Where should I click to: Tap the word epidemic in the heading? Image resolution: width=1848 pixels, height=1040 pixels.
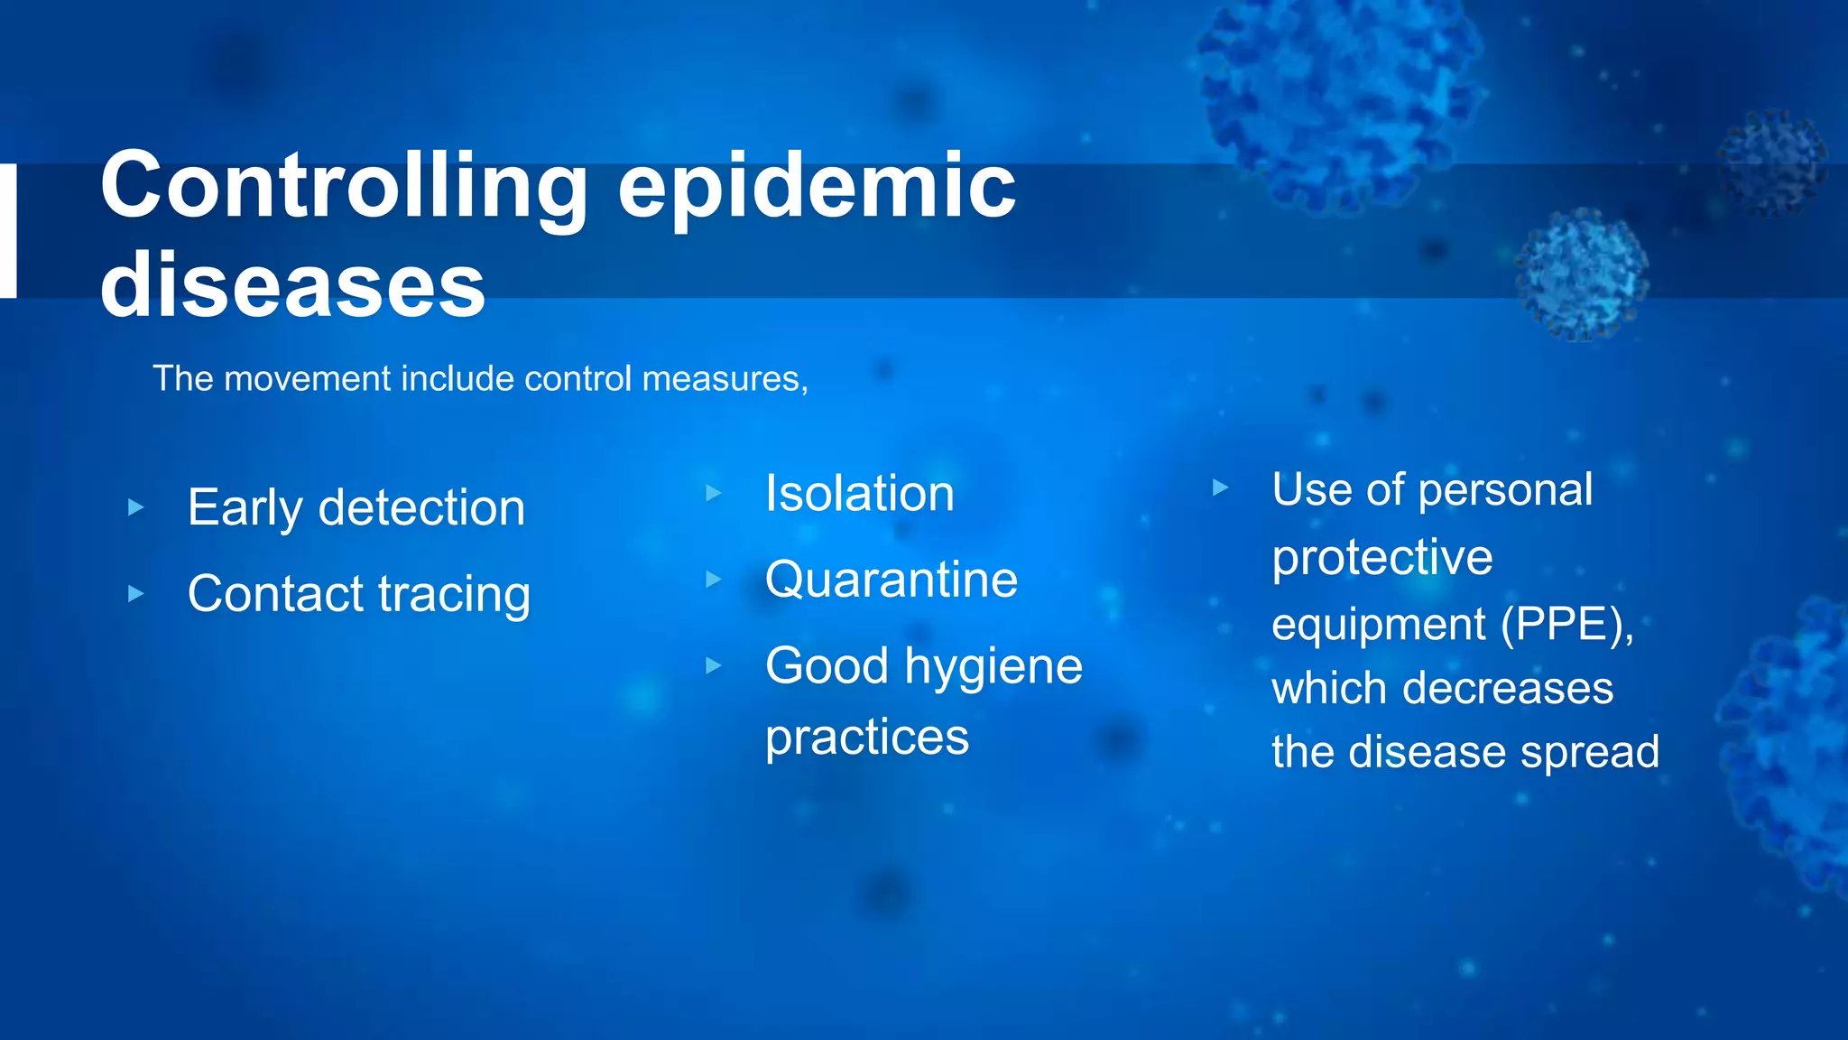pyautogui.click(x=817, y=186)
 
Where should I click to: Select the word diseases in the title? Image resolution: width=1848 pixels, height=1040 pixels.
pyautogui.click(x=293, y=285)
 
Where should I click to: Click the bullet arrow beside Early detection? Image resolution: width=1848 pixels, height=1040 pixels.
pyautogui.click(x=136, y=507)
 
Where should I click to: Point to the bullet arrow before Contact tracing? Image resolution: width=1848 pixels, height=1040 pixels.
pyautogui.click(x=136, y=594)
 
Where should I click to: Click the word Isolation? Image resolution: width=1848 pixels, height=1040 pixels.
pyautogui.click(x=859, y=494)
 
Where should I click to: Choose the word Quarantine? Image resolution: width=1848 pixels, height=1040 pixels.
pyautogui.click(x=892, y=580)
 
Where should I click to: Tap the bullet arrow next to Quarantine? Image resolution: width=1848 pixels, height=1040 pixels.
pyautogui.click(x=714, y=580)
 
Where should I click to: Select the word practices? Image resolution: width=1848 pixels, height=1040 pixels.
pyautogui.click(x=867, y=738)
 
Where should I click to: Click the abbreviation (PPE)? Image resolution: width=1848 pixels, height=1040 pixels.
pyautogui.click(x=1567, y=624)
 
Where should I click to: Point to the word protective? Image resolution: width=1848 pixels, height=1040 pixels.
pyautogui.click(x=1382, y=557)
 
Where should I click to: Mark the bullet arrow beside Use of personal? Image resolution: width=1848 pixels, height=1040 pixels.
pyautogui.click(x=1220, y=488)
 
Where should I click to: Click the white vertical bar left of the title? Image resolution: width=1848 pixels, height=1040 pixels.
pyautogui.click(x=8, y=230)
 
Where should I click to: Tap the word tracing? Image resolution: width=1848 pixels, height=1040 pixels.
pyautogui.click(x=454, y=595)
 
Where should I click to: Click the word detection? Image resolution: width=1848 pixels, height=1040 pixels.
pyautogui.click(x=421, y=507)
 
